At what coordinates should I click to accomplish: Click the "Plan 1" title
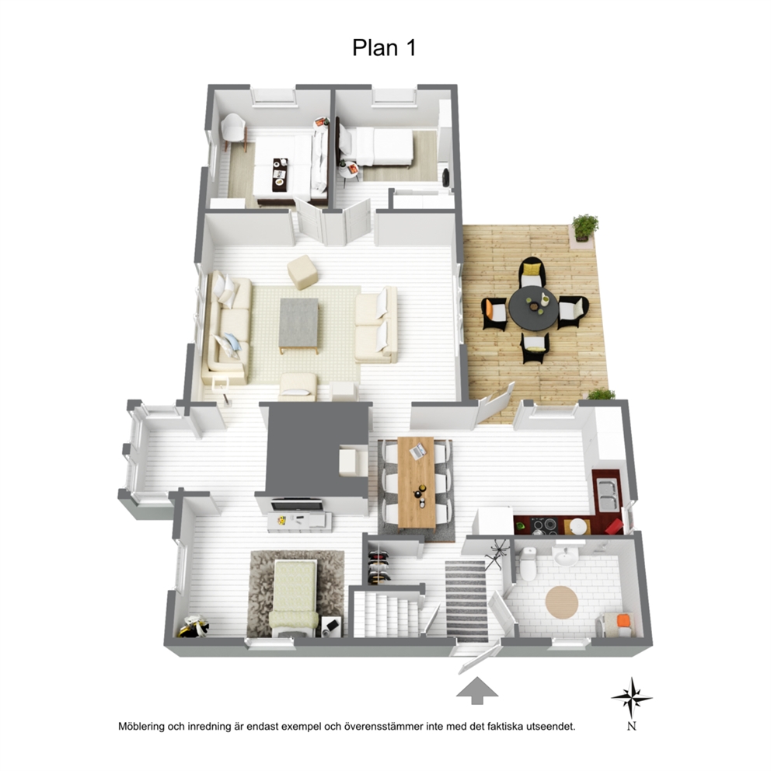[385, 47]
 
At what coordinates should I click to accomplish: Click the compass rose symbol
[632, 696]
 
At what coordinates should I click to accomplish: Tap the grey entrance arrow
[477, 690]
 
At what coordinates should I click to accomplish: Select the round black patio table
[533, 309]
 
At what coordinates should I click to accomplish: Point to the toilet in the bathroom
[528, 563]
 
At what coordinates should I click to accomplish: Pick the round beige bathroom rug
[562, 602]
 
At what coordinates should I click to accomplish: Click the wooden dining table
[417, 483]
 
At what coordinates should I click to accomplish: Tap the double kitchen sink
[608, 494]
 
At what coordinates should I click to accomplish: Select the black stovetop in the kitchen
[544, 526]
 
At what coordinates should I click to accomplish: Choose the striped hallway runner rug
[466, 600]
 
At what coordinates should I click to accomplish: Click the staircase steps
[386, 614]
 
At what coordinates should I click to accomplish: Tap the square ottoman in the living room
[302, 271]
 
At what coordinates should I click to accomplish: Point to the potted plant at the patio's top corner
[584, 227]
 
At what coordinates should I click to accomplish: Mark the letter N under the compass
[632, 726]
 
